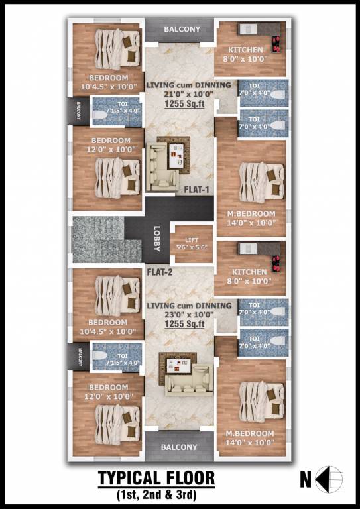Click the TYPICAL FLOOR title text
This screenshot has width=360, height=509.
[x=156, y=478]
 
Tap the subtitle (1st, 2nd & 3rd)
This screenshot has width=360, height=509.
[x=156, y=494]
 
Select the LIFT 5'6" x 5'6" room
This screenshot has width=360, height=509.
[x=193, y=243]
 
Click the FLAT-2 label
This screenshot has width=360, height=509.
[x=160, y=271]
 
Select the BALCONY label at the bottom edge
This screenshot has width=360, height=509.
[x=179, y=447]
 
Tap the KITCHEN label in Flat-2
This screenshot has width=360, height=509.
[x=249, y=272]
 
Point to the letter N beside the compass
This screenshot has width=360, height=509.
[x=306, y=477]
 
